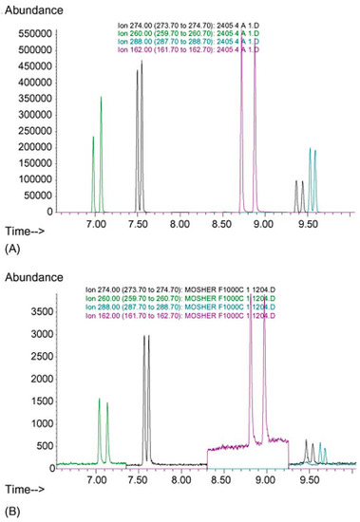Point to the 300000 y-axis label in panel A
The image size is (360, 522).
[30, 114]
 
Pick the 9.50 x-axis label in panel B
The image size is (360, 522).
[308, 482]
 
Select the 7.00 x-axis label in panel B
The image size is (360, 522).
[96, 482]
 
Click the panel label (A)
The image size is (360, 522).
[12, 248]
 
